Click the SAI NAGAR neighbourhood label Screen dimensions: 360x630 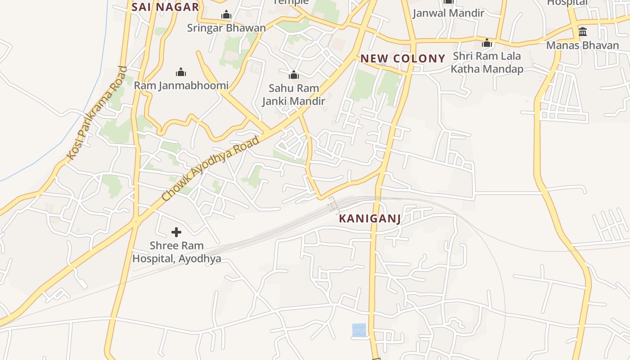coord(165,7)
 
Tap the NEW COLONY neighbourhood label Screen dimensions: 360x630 coord(403,58)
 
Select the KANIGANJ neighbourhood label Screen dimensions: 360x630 coord(369,219)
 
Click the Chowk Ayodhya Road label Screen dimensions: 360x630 coord(211,168)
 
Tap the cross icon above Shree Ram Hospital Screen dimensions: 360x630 coord(176,232)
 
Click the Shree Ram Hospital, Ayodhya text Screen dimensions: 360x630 coord(176,252)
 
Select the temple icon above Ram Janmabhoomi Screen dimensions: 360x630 coord(181,72)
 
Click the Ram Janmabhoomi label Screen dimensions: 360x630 coord(181,85)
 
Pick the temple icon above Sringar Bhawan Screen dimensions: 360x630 coord(226,15)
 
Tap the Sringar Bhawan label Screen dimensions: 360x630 coord(226,28)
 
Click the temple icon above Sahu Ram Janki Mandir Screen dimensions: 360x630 coord(294,75)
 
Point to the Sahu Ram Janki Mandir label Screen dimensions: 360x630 coord(294,94)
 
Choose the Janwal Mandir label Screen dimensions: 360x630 coord(448,13)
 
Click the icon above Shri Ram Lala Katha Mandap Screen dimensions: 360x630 coord(487,43)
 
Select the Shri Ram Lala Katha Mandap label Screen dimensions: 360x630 coord(487,63)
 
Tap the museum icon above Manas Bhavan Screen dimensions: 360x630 coord(583,32)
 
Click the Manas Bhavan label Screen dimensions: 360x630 coord(583,45)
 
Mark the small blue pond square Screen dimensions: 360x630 coord(359,330)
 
